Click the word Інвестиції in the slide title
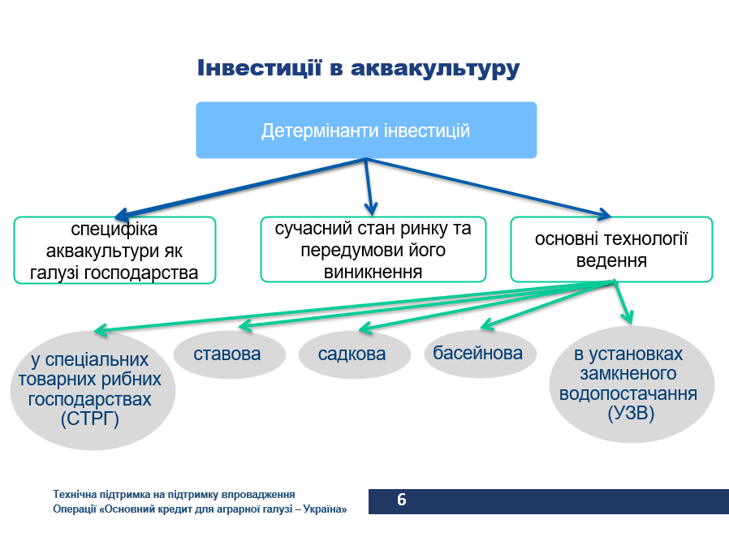tap(257, 68)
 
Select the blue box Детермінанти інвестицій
tap(366, 131)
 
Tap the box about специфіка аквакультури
tap(114, 250)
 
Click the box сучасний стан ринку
tap(373, 250)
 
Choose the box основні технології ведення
tap(610, 250)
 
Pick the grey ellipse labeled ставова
tap(228, 354)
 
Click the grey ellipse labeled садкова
tap(352, 354)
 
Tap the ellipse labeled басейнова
tap(477, 353)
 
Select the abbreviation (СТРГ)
tap(89, 419)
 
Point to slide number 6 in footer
tap(401, 500)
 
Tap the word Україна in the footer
tap(325, 509)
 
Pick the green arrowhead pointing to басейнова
tap(487, 326)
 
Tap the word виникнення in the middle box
tap(373, 272)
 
